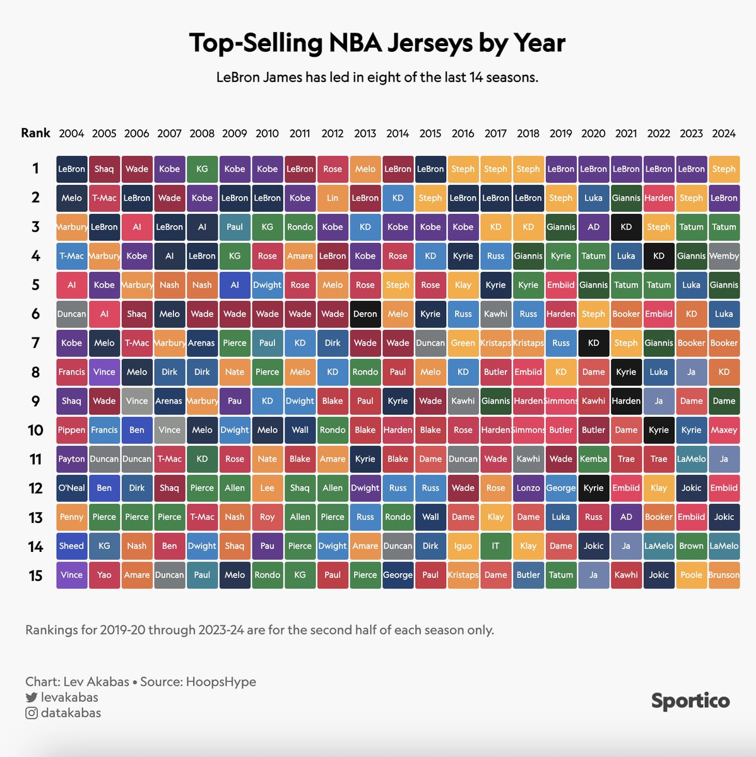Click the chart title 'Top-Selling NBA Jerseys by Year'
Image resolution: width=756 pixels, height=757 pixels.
pyautogui.click(x=377, y=43)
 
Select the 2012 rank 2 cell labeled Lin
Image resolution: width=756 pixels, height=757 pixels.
pyautogui.click(x=333, y=198)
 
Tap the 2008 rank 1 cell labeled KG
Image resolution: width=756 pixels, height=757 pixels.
pyautogui.click(x=202, y=169)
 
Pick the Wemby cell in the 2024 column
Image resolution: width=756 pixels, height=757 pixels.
pyautogui.click(x=724, y=256)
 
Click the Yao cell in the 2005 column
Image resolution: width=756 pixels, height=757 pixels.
pyautogui.click(x=104, y=575)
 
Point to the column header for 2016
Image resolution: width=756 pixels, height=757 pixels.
pyautogui.click(x=463, y=134)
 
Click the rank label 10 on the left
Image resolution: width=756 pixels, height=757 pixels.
pyautogui.click(x=35, y=430)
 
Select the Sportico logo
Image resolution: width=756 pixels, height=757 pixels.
pyautogui.click(x=690, y=701)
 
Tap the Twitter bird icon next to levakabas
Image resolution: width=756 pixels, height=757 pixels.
pyautogui.click(x=31, y=698)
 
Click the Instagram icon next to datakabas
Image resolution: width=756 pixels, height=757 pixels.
pyautogui.click(x=31, y=713)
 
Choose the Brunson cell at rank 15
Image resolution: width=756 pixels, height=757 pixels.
pyautogui.click(x=724, y=575)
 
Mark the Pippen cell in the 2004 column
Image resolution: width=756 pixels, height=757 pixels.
pyautogui.click(x=71, y=430)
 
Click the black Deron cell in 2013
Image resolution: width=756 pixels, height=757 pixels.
pyautogui.click(x=365, y=314)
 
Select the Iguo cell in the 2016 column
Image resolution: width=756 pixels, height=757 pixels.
pyautogui.click(x=463, y=546)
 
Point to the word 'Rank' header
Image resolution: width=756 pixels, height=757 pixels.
pyautogui.click(x=35, y=133)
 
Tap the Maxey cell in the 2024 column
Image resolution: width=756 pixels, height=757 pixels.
pyautogui.click(x=724, y=430)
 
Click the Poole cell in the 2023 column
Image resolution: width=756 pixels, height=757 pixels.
pyautogui.click(x=691, y=575)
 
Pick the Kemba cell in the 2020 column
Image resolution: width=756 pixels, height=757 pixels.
pyautogui.click(x=593, y=459)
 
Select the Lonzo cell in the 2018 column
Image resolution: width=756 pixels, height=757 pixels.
pyautogui.click(x=528, y=488)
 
